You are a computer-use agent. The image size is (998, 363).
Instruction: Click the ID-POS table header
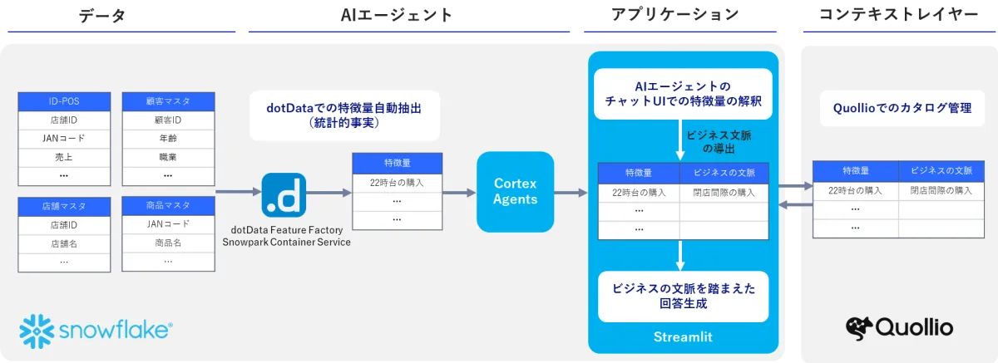[x=64, y=101]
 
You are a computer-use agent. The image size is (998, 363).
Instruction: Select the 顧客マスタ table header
[x=167, y=101]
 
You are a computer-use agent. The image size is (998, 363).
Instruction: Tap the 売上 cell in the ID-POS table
[x=64, y=157]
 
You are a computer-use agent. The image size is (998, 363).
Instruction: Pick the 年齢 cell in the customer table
[x=167, y=139]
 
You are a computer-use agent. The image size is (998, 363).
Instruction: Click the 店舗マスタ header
[x=64, y=205]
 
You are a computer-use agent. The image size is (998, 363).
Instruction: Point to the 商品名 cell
[x=167, y=243]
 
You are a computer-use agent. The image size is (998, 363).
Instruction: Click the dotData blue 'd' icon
[x=284, y=194]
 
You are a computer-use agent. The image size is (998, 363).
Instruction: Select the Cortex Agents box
[x=515, y=192]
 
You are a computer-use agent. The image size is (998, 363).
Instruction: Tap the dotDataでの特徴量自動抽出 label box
[x=344, y=115]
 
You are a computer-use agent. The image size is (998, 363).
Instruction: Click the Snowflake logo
[x=96, y=328]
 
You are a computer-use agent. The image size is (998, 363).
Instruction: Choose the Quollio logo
[x=899, y=326]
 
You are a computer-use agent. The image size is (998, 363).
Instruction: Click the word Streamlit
[x=682, y=337]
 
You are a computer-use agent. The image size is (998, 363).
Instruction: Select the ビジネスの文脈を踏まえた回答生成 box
[x=682, y=297]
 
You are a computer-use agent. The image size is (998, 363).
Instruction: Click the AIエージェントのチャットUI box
[x=682, y=94]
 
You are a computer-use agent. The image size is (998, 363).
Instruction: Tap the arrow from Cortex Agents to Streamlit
[x=571, y=193]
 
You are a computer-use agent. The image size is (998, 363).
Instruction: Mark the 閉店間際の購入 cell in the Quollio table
[x=941, y=190]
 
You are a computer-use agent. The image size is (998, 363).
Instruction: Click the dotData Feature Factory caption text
[x=286, y=235]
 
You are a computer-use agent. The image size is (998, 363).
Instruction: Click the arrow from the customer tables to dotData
[x=237, y=193]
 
